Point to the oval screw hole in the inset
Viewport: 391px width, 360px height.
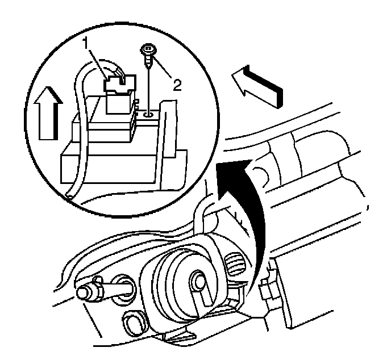[x=148, y=114]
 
